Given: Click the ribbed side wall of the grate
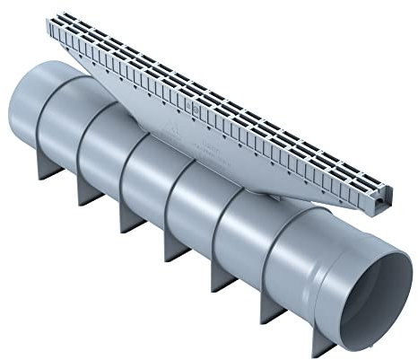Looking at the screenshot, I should [224, 117].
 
